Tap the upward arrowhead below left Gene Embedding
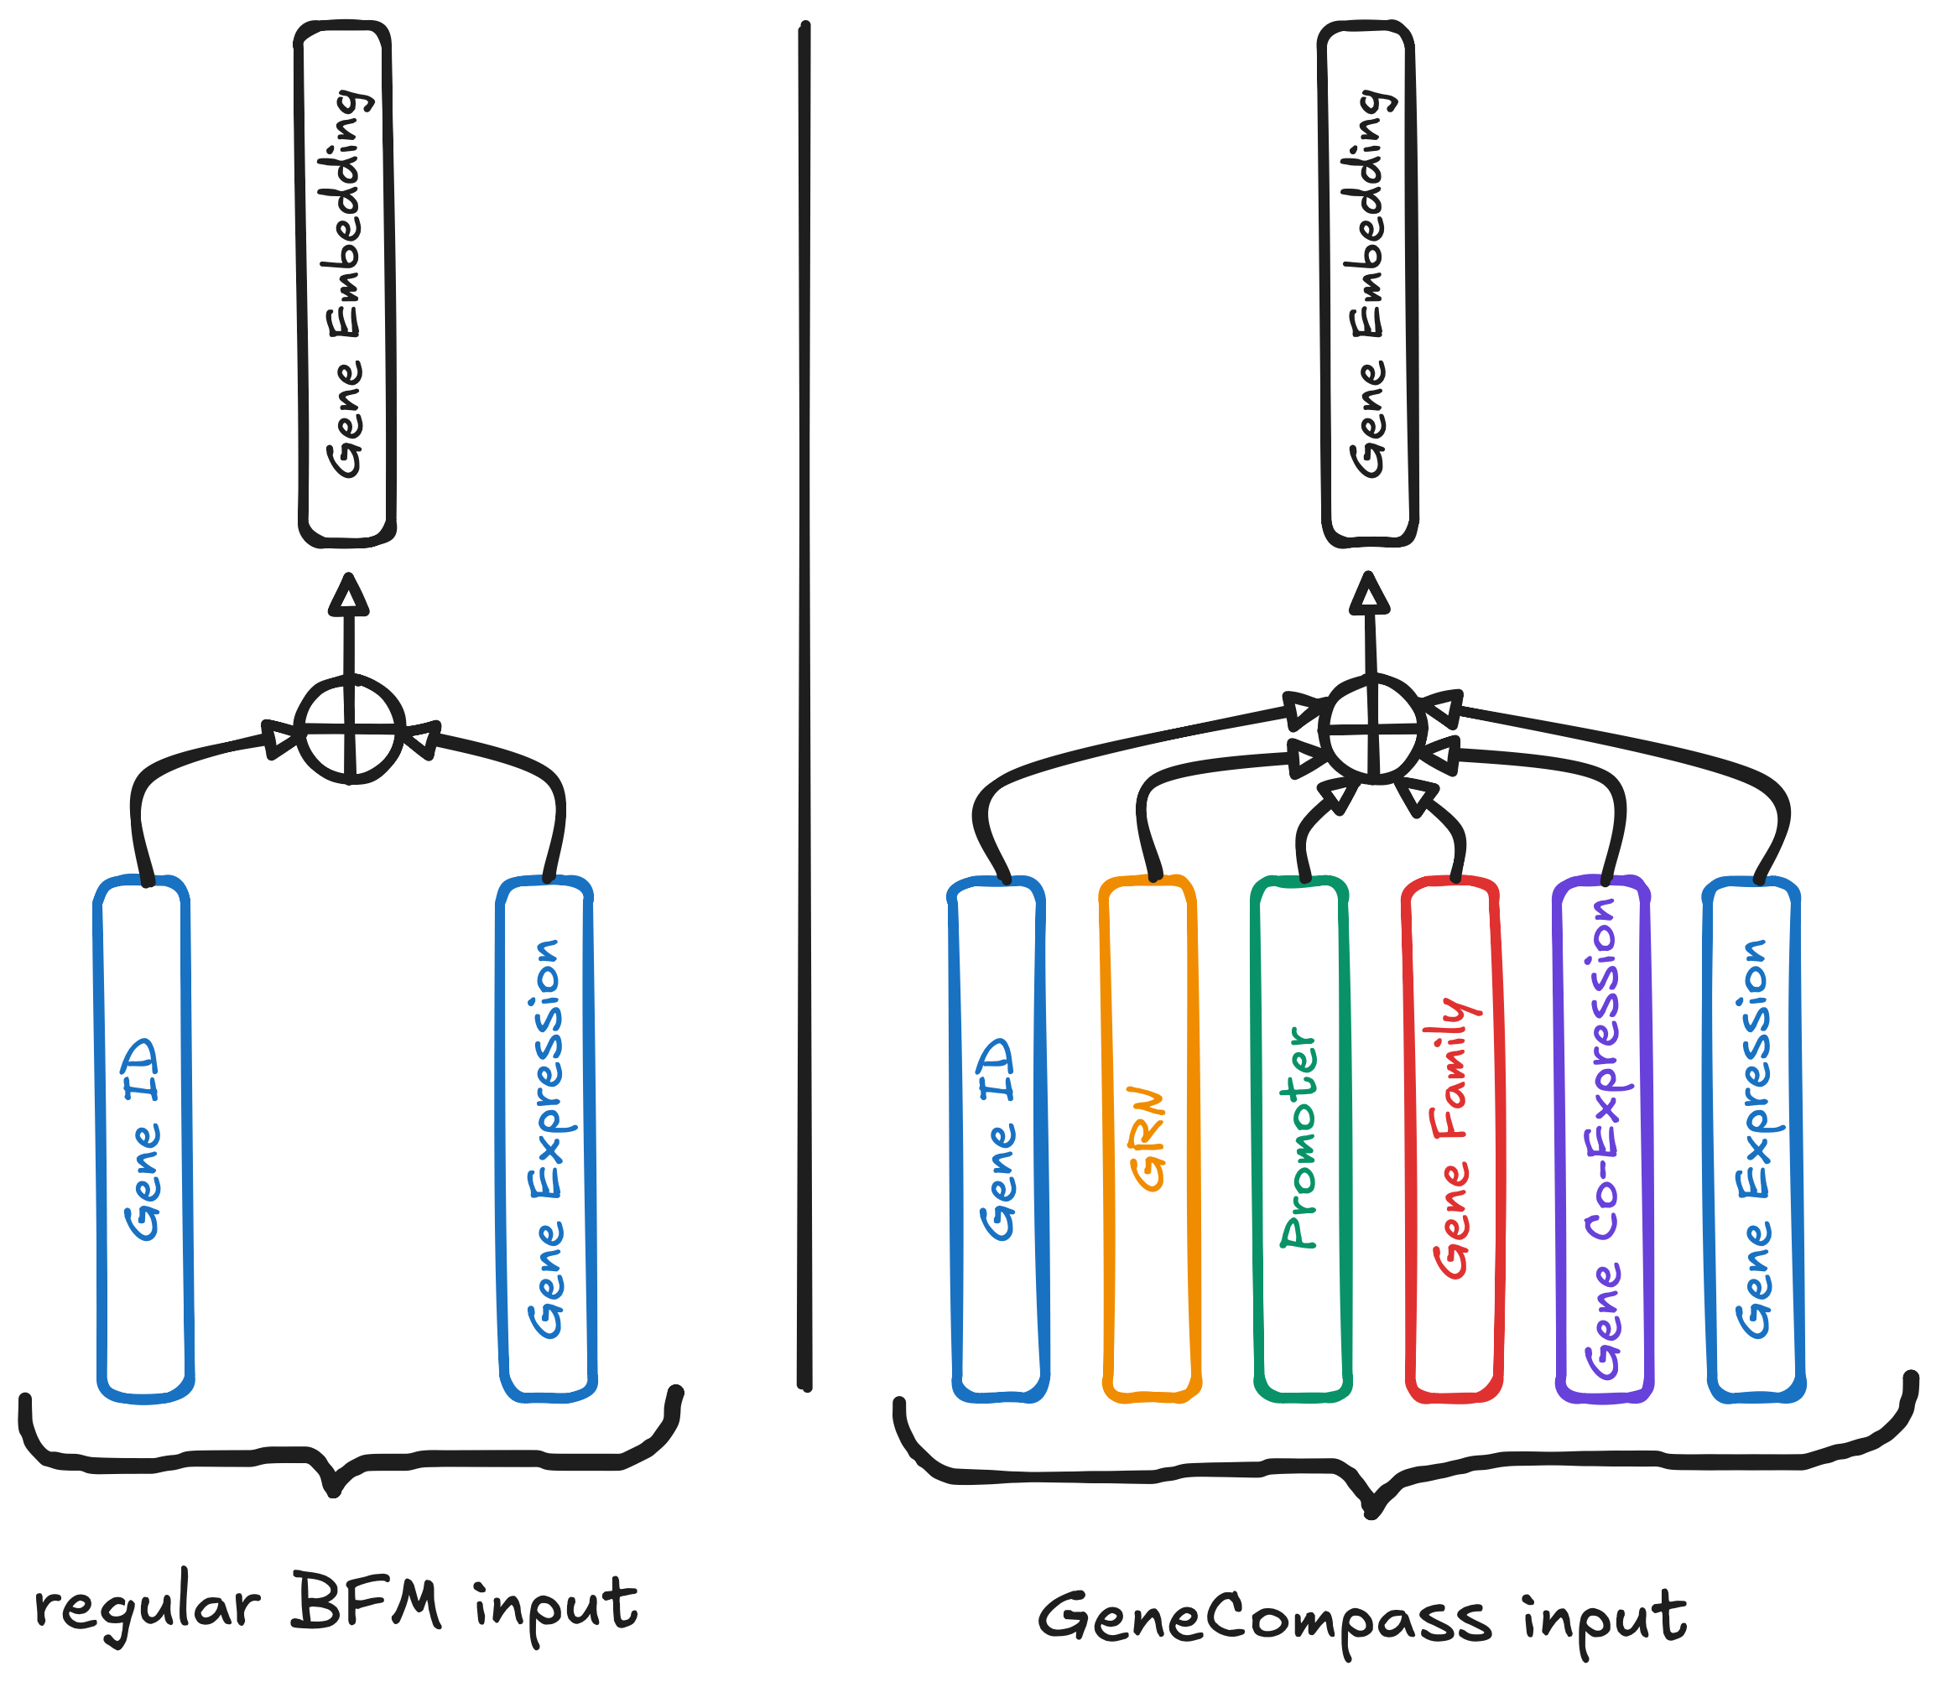348,594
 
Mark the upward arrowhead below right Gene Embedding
1369,594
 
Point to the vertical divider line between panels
804,706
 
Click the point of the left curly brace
332,1493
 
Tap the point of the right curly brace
1372,1513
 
